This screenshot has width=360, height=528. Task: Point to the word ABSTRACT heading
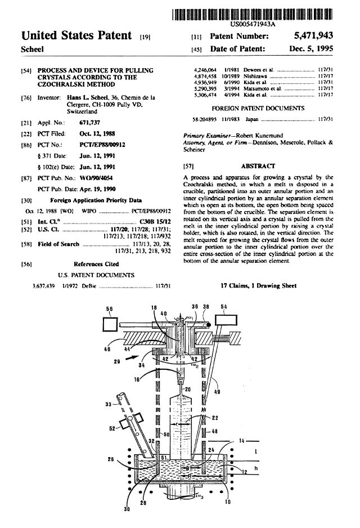[x=258, y=166]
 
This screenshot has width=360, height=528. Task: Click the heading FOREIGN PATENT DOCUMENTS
[x=258, y=108]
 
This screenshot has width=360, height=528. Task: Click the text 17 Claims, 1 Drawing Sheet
[x=259, y=286]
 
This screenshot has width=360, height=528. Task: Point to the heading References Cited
[x=96, y=263]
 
